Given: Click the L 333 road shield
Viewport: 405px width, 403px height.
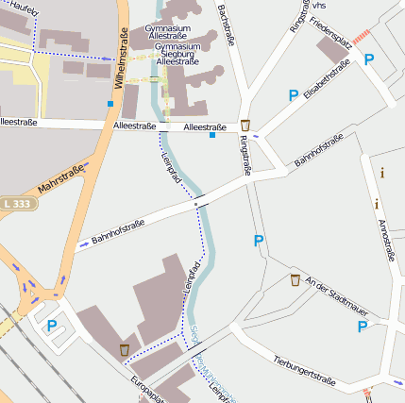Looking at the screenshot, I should tap(19, 203).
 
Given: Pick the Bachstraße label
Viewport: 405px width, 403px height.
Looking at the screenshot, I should tap(226, 24).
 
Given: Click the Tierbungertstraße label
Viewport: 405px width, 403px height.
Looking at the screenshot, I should tap(304, 370).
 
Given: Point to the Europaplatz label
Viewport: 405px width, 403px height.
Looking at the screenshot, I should tap(143, 388).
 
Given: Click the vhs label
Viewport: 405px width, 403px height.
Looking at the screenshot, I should tap(319, 6).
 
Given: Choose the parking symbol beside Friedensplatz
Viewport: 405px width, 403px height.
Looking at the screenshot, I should tap(369, 59).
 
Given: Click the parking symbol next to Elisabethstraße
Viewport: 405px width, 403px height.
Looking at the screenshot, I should tap(294, 95).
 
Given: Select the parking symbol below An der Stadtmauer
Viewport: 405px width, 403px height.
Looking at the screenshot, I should tap(363, 327).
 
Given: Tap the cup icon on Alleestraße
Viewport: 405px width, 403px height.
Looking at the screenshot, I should tap(245, 126).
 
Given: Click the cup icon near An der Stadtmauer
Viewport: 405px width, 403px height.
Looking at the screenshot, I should tap(295, 279).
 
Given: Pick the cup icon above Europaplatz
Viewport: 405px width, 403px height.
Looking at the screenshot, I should tap(124, 350).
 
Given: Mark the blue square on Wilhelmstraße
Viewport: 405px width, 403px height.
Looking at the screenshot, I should tap(110, 104).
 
